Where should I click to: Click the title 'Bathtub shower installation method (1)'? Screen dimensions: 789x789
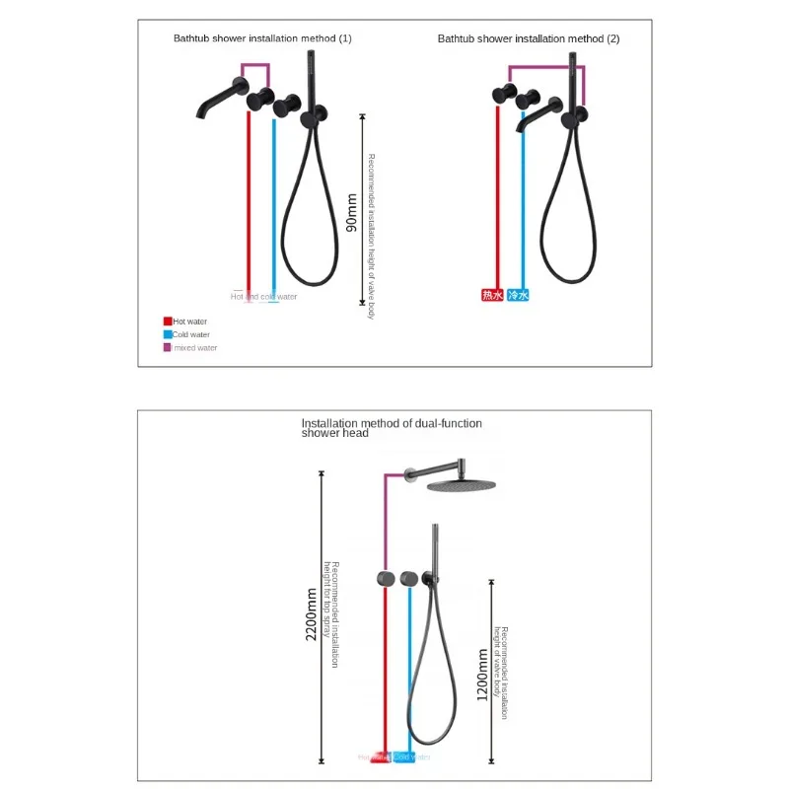point(262,38)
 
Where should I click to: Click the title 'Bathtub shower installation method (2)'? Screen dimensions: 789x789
point(529,38)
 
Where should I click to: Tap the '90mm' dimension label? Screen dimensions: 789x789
point(352,212)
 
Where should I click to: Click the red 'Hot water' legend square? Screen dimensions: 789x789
point(168,322)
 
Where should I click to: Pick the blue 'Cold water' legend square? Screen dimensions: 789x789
point(168,334)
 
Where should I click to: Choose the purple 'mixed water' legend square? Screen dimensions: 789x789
point(168,347)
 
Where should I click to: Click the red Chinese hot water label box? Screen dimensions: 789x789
point(492,295)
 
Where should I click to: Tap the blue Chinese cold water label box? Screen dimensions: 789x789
point(519,295)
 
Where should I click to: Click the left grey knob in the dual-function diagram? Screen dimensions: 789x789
point(385,577)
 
